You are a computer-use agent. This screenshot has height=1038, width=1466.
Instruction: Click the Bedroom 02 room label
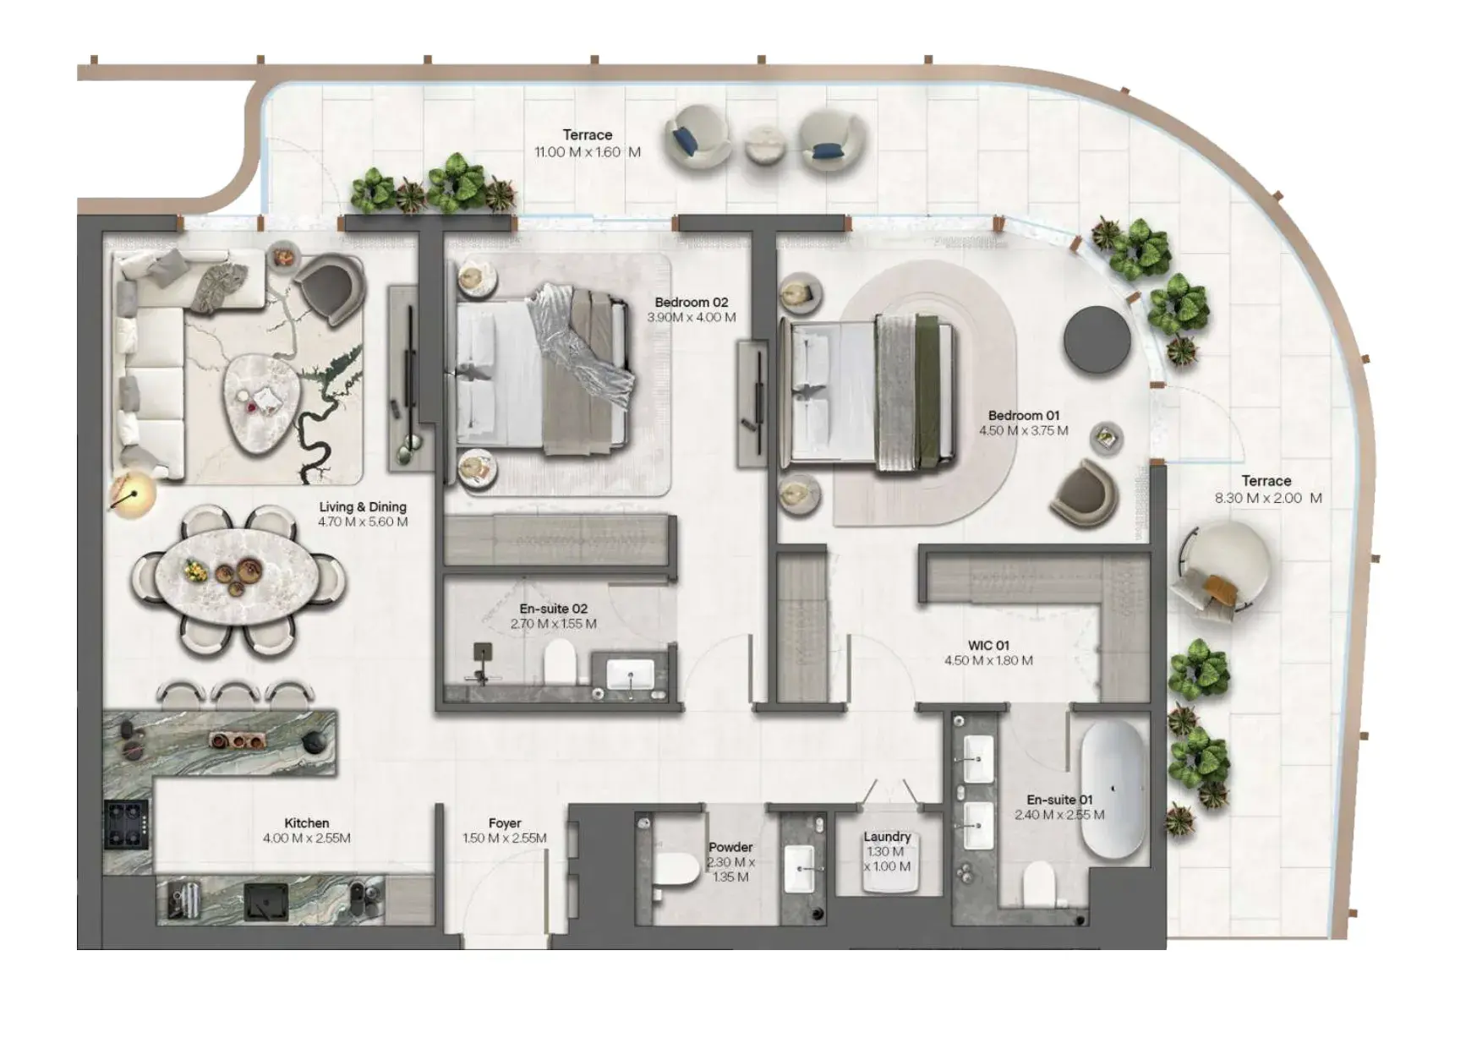coord(691,302)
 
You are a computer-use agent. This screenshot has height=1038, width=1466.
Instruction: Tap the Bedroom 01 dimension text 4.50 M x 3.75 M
coord(1024,430)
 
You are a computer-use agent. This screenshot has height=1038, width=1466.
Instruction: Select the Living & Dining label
coord(363,506)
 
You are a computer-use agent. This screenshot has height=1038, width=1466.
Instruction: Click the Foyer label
coord(505,822)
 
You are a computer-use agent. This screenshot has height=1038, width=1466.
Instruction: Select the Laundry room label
coord(887,836)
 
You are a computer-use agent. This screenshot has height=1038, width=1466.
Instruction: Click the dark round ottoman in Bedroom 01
coord(1097,339)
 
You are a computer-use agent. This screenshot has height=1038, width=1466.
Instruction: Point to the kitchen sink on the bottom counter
coord(266,902)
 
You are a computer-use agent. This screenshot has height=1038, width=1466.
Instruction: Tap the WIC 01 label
coord(988,645)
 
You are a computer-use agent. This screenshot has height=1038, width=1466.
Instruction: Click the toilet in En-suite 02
coord(560,662)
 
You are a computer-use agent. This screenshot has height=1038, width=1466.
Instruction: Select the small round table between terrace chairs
coord(766,145)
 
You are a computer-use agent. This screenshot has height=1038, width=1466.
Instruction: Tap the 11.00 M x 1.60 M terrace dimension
coord(588,152)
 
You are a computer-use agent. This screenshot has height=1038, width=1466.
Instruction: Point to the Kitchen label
coord(307,822)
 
